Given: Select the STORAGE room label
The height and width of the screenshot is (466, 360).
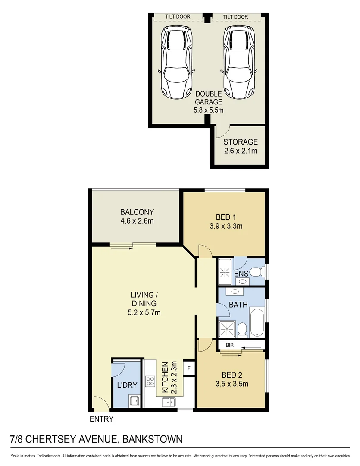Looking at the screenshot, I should pos(240,142).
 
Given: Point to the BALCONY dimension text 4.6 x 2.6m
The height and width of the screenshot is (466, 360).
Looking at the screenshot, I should pos(137,221).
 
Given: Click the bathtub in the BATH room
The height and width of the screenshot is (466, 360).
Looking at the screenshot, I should pos(257,322).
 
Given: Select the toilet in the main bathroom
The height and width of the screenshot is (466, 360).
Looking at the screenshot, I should pos(242,330).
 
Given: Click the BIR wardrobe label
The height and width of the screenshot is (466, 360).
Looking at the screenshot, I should pos(229,346).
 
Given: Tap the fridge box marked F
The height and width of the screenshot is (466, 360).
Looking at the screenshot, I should pos(188,369).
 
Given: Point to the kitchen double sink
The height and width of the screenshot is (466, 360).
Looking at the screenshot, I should pos(168,402).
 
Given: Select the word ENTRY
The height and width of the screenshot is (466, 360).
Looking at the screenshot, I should pos(101,419).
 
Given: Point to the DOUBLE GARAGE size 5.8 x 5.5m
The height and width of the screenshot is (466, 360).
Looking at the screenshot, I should pos(208,110).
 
